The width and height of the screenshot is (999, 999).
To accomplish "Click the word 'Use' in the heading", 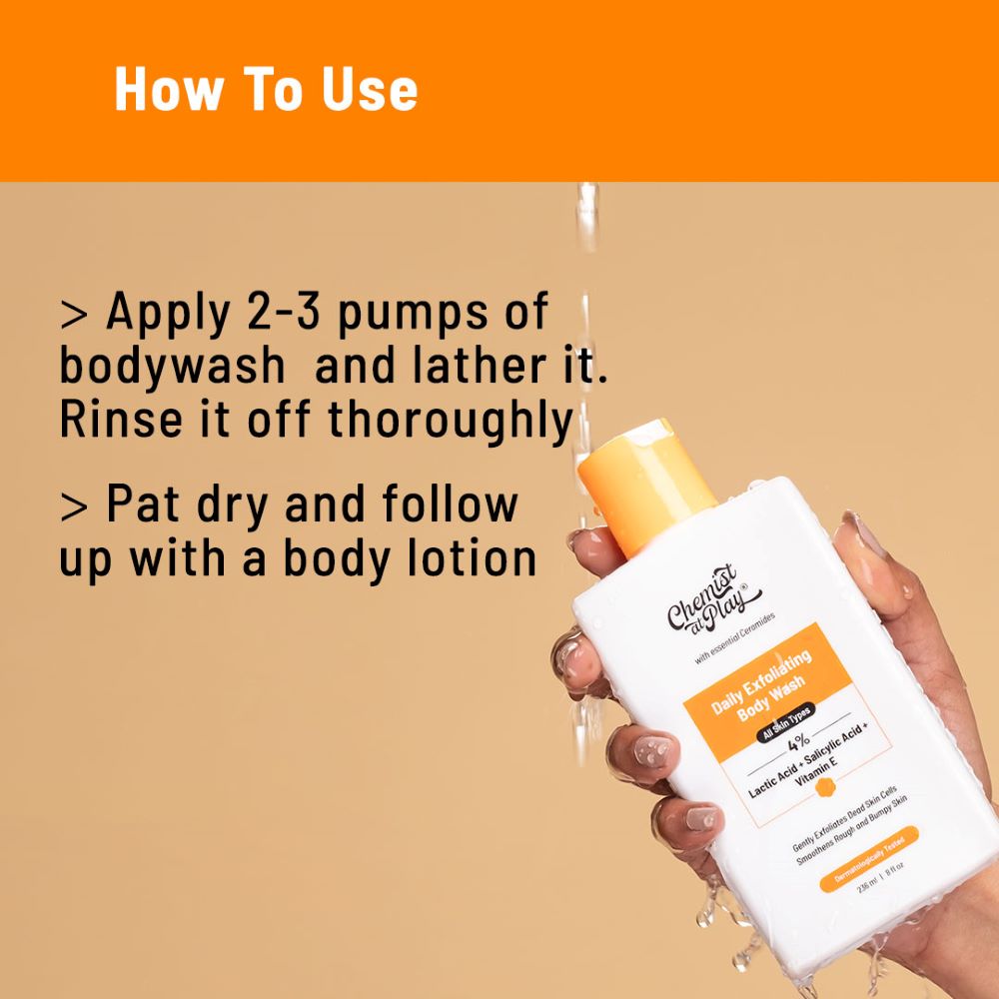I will click(370, 90).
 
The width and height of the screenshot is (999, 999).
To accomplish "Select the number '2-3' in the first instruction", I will click(283, 314).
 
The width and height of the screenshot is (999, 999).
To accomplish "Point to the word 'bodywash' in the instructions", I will click(172, 368).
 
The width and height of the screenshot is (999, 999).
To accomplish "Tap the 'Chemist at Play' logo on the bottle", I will click(702, 602).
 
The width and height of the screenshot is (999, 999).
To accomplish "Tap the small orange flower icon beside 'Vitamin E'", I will click(825, 788).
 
